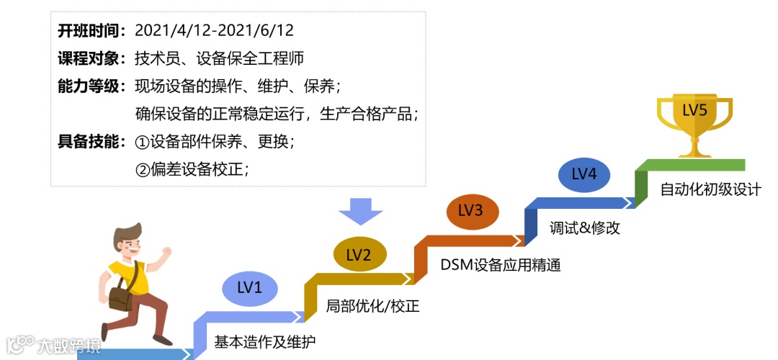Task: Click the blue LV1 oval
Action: click(x=249, y=288)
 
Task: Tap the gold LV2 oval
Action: click(x=359, y=255)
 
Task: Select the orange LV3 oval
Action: click(x=470, y=210)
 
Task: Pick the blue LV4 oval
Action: click(x=583, y=174)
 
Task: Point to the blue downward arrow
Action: click(x=360, y=210)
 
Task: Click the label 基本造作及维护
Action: click(x=264, y=342)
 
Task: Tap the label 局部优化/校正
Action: click(x=372, y=306)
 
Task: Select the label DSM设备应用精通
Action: click(x=500, y=265)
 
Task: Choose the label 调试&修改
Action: click(x=584, y=228)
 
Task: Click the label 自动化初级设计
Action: click(x=710, y=190)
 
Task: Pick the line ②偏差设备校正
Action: click(x=192, y=170)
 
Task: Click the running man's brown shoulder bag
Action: click(x=120, y=297)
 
